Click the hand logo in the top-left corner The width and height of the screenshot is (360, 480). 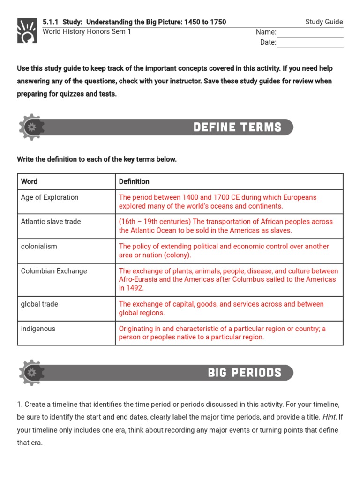point(27,30)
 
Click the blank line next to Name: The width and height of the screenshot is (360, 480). point(310,33)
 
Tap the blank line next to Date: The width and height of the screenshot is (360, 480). point(310,43)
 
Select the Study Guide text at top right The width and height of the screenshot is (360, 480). point(324,22)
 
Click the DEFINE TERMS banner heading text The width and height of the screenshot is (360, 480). point(237,127)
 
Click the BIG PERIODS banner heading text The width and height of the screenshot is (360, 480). point(245,373)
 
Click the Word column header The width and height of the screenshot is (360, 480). point(29,181)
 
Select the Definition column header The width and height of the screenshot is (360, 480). point(134,181)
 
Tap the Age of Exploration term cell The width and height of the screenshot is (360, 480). point(50,197)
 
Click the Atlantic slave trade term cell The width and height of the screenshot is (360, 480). point(51,222)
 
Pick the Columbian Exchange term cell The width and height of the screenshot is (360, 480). point(54,271)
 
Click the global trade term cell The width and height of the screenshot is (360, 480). point(39,304)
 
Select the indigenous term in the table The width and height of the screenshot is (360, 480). point(38,329)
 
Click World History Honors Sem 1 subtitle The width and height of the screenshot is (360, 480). point(87,32)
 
